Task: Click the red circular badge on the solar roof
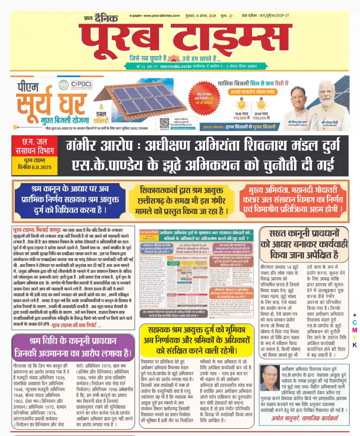(x=204, y=98)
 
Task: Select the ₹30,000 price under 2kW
(x=261, y=118)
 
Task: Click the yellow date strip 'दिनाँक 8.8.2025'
(x=34, y=167)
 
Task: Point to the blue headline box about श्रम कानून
(x=70, y=199)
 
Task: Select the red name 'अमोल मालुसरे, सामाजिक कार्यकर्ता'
(x=304, y=418)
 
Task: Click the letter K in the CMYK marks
(x=355, y=345)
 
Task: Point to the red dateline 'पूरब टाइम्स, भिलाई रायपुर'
(x=37, y=230)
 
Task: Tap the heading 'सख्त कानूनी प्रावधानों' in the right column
(x=304, y=233)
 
